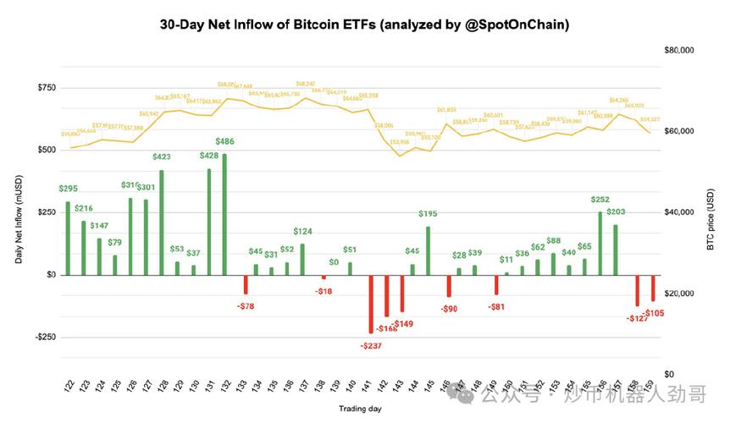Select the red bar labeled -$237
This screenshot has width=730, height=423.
(x=371, y=304)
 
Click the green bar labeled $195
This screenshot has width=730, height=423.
(x=428, y=250)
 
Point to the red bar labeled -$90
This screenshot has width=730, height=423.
(x=449, y=286)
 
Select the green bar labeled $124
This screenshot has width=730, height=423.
(x=302, y=259)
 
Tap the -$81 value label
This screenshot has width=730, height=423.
(x=495, y=308)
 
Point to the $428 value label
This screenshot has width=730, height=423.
(x=208, y=156)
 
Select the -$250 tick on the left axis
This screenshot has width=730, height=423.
(x=43, y=337)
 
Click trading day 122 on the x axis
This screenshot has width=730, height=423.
(x=69, y=387)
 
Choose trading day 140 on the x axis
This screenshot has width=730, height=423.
(x=350, y=387)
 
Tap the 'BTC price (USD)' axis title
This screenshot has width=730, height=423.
(x=711, y=215)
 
